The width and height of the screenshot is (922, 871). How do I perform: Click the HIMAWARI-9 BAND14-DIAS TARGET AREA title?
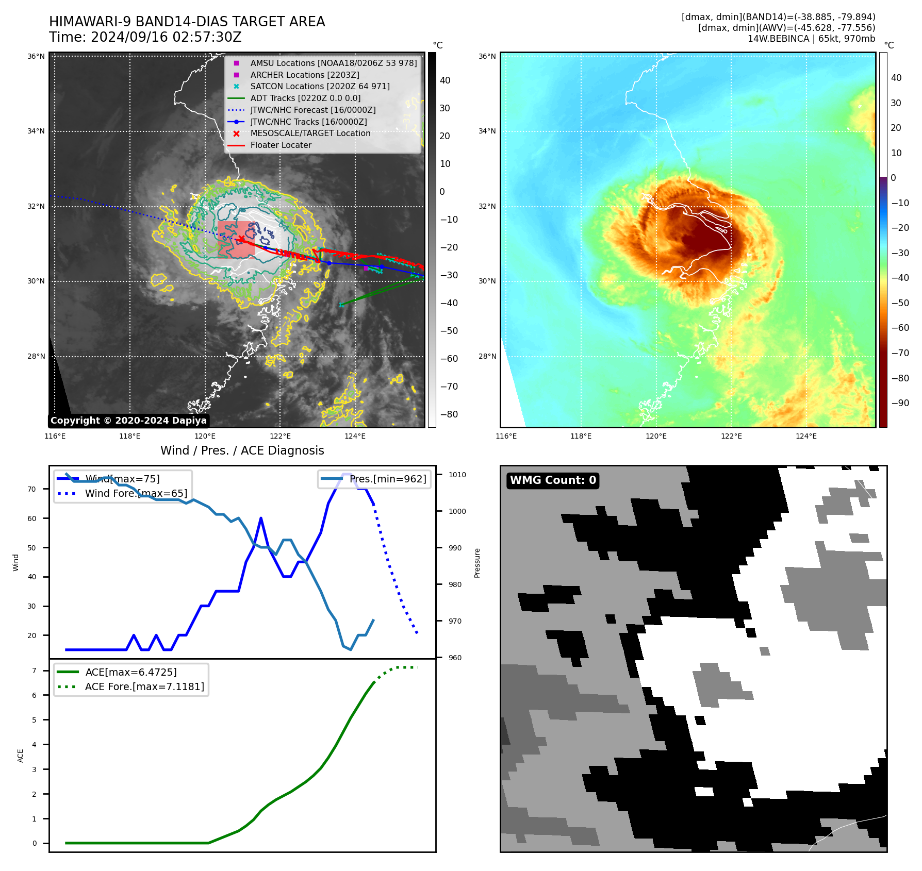pyautogui.click(x=187, y=22)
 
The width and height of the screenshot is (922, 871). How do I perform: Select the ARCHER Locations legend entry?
pyautogui.click(x=304, y=75)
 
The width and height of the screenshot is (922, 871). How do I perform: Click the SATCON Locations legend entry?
pyautogui.click(x=320, y=86)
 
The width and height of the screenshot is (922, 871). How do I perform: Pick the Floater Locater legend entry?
pyautogui.click(x=281, y=145)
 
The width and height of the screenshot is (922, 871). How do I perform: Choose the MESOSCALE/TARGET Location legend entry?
pyautogui.click(x=310, y=133)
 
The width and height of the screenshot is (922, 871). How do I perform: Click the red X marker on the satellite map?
pyautogui.click(x=241, y=239)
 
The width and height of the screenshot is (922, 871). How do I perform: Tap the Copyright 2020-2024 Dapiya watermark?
pyautogui.click(x=128, y=421)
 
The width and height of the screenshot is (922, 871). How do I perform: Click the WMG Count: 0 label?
pyautogui.click(x=553, y=480)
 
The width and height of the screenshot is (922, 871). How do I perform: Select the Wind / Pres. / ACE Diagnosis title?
pyautogui.click(x=242, y=450)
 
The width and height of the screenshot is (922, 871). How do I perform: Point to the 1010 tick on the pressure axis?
pyautogui.click(x=457, y=475)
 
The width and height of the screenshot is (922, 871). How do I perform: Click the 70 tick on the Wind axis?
pyautogui.click(x=32, y=489)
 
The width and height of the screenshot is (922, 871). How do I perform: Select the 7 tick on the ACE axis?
pyautogui.click(x=34, y=671)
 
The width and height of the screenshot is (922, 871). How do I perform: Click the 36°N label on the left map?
pyautogui.click(x=36, y=56)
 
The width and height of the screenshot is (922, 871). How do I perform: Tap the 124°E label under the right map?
pyautogui.click(x=806, y=436)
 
